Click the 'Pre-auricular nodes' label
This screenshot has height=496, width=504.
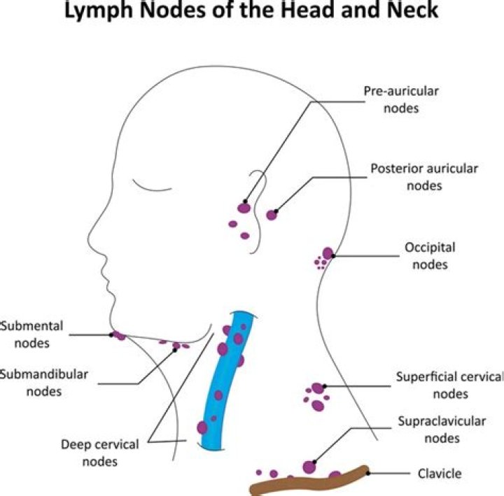tap(400, 99)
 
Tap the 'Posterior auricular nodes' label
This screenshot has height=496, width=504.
tap(424, 177)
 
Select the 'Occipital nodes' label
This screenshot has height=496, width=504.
tap(430, 256)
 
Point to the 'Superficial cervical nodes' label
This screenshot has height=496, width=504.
tap(449, 385)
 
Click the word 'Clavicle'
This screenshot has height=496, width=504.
tap(440, 474)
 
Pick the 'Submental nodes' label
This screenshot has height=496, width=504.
tap(31, 334)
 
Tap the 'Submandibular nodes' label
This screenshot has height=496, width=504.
tap(43, 382)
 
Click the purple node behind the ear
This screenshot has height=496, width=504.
tap(272, 215)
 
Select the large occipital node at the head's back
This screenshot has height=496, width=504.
tap(328, 253)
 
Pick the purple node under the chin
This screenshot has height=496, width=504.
tap(120, 336)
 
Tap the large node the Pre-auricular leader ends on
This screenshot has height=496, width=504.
tap(244, 207)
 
